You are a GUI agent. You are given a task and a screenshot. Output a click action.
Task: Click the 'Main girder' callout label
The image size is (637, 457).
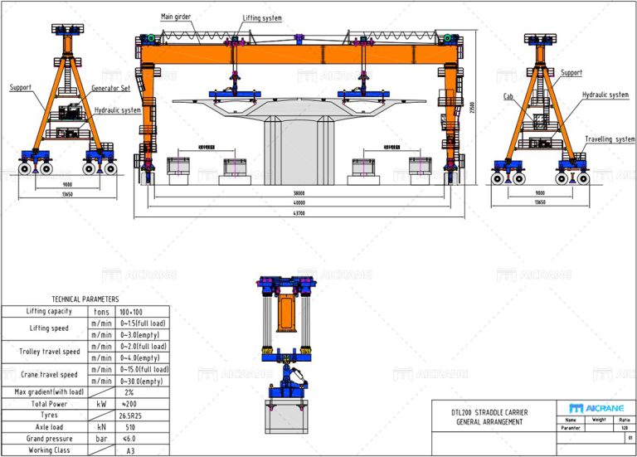[x=177, y=17]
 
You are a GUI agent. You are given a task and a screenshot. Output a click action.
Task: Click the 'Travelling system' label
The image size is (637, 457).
[x=609, y=139]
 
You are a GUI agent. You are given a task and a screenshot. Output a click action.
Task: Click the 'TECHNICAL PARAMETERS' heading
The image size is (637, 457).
[x=85, y=299]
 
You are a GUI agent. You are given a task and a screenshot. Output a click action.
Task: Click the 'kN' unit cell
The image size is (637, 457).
[x=101, y=427]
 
